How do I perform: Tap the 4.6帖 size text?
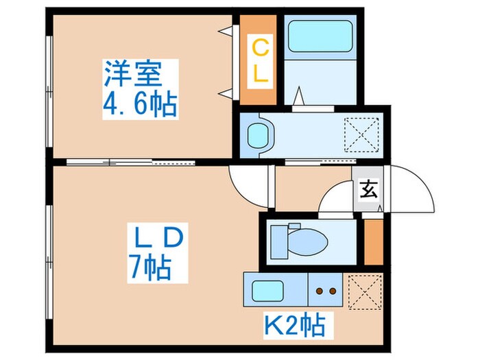pos(140,105)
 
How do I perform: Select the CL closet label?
pos(260,62)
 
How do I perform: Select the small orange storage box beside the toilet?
pos(374,241)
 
